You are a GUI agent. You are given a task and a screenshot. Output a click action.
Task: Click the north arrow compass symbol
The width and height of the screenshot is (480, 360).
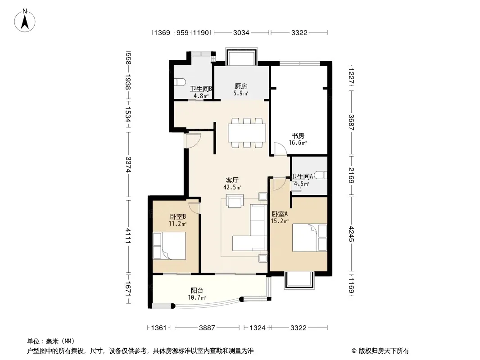[25, 21]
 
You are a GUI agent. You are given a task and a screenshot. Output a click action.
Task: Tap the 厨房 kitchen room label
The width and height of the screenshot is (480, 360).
[240, 86]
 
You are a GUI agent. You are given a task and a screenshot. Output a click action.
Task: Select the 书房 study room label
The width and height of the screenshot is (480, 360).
[298, 136]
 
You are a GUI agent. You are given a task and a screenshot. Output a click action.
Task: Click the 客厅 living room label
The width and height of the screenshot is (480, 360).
[232, 180]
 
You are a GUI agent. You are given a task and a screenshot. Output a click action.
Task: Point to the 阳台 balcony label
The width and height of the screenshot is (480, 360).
[197, 291]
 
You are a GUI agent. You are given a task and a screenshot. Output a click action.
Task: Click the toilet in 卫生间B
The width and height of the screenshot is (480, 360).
[180, 82]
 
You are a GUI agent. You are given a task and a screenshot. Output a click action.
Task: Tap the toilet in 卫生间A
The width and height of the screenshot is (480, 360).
[321, 175]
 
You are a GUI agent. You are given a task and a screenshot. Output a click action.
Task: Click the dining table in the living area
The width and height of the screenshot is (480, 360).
[247, 133]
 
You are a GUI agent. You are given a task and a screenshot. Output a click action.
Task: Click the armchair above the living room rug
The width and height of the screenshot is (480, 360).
[235, 201]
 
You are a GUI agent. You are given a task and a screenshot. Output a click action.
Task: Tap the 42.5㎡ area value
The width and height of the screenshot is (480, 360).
[232, 188]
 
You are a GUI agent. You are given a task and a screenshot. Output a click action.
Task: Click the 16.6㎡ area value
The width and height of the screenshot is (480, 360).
[298, 143]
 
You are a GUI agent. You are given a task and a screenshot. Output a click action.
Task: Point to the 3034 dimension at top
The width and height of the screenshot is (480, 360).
[241, 32]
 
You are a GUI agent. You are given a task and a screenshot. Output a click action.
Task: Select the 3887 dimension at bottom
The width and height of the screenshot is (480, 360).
[207, 328]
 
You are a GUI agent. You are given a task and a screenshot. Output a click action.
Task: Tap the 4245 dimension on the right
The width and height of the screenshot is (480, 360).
[351, 234]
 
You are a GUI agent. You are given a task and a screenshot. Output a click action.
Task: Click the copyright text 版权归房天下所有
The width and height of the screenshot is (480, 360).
[384, 351]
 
